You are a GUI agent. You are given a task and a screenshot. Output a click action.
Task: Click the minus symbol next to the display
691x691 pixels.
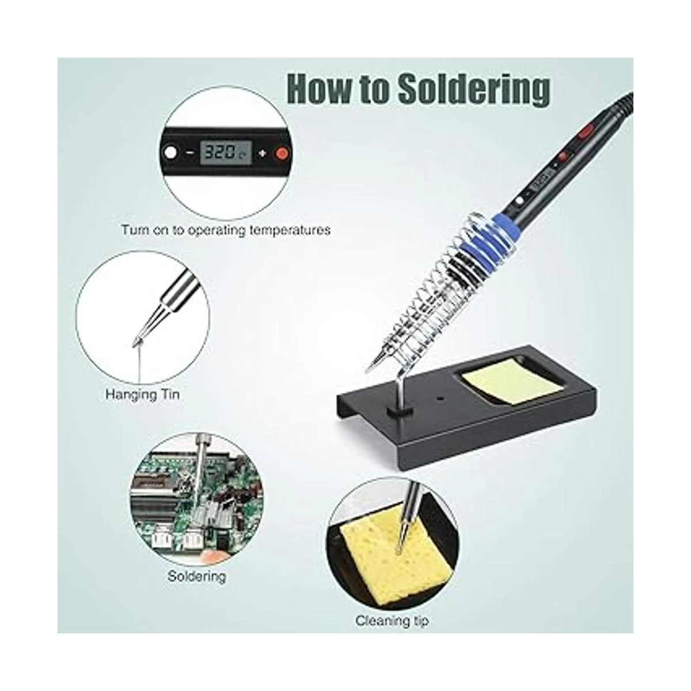click(x=191, y=153)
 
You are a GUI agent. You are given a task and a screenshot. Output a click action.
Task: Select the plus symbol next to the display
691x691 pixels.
click(x=263, y=153)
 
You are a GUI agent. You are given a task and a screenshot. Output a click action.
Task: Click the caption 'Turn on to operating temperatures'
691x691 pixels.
click(x=226, y=230)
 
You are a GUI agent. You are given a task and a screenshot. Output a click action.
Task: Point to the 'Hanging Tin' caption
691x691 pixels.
click(x=142, y=395)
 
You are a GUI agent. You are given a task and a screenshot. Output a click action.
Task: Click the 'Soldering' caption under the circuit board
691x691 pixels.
click(x=196, y=576)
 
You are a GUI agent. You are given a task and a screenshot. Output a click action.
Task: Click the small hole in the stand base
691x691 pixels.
click(x=441, y=398)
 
